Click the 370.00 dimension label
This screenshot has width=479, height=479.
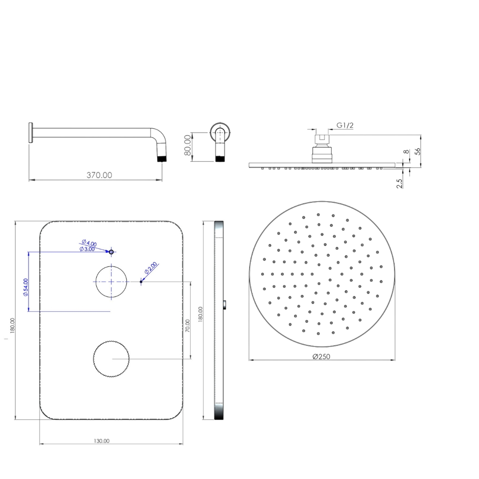(99, 175)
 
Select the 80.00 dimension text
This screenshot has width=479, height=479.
(188, 145)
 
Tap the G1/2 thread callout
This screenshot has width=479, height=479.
(345, 125)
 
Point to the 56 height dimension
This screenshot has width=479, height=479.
(418, 151)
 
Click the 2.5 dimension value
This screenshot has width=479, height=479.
(399, 183)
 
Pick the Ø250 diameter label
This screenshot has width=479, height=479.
(321, 357)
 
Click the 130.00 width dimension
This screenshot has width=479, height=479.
(102, 441)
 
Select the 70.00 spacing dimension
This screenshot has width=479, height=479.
(188, 326)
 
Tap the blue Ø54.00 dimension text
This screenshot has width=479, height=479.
(26, 287)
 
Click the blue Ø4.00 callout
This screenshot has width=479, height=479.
(89, 243)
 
